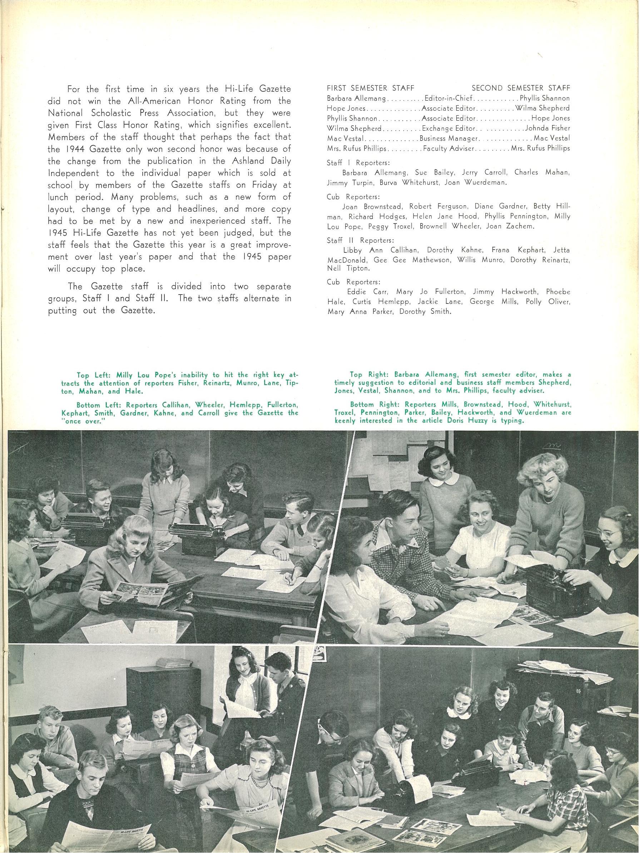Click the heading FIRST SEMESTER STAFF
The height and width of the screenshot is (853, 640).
370,88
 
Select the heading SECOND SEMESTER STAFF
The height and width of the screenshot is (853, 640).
521,88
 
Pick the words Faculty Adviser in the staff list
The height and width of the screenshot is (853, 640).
448,148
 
